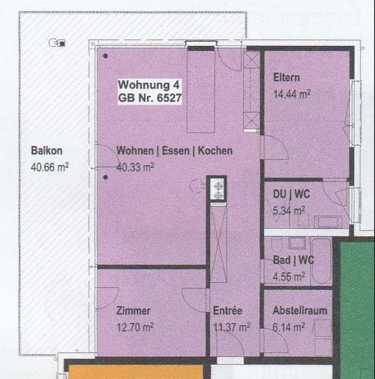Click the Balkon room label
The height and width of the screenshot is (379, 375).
click(x=47, y=151)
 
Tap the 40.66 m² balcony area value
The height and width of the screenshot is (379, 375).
click(x=49, y=167)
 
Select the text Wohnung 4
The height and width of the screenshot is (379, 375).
click(x=149, y=85)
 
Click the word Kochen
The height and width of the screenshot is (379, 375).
click(x=215, y=151)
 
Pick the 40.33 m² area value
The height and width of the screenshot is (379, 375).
click(x=135, y=167)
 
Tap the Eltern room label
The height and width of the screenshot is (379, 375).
click(x=286, y=78)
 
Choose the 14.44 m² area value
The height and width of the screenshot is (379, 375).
click(x=292, y=94)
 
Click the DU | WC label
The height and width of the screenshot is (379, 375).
click(x=291, y=194)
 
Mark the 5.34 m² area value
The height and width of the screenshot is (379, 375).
click(x=289, y=210)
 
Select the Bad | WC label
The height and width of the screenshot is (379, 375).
click(x=293, y=260)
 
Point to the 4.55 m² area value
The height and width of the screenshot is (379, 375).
click(x=289, y=276)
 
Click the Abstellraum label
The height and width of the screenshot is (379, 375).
click(x=300, y=310)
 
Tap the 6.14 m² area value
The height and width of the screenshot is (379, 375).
click(x=289, y=327)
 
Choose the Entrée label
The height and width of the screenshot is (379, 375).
click(x=228, y=310)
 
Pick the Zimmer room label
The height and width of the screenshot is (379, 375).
click(x=133, y=311)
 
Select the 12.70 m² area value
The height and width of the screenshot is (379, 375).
click(x=135, y=327)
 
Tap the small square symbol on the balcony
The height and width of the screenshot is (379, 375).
click(x=62, y=44)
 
